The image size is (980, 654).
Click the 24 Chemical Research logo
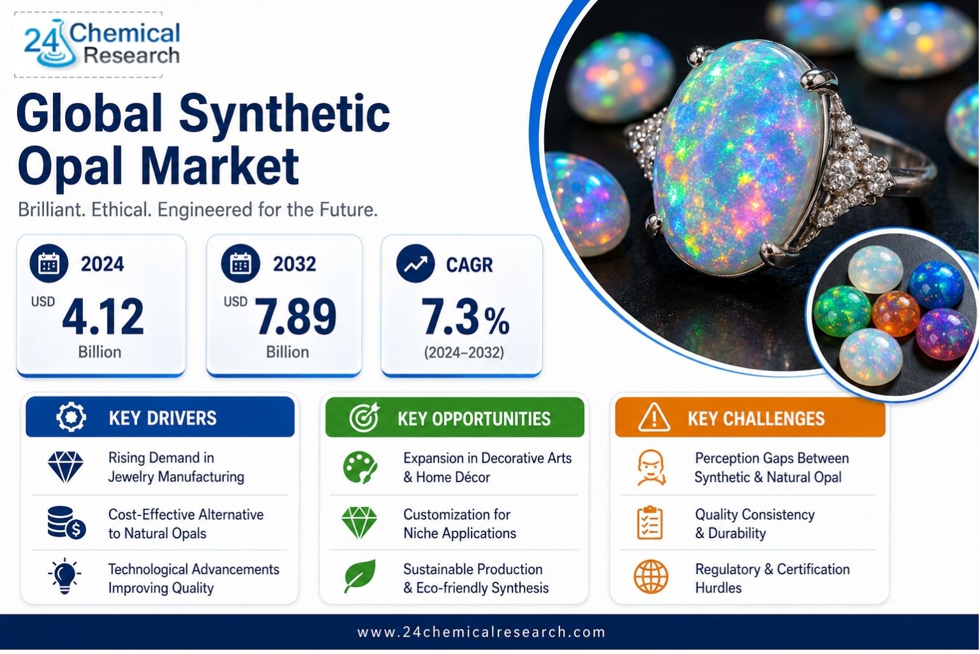tap(101, 45)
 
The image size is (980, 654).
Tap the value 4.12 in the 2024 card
tap(103, 316)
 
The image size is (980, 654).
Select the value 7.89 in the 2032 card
tap(296, 316)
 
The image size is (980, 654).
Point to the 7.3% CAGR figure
tap(465, 316)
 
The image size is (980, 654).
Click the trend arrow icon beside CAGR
tap(415, 263)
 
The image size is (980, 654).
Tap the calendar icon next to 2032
tap(241, 263)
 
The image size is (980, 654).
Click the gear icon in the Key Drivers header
tap(71, 417)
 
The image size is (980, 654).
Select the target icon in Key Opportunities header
tap(364, 418)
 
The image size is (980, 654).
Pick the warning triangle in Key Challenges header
tap(653, 418)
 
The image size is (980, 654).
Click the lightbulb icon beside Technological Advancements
tap(64, 576)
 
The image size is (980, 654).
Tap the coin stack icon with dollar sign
tap(66, 522)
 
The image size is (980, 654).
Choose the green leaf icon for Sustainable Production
tap(360, 575)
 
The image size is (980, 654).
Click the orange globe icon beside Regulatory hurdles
tap(651, 577)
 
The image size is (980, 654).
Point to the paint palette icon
tap(360, 468)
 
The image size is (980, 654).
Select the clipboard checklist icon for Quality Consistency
tap(650, 522)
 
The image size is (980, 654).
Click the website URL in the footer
tap(481, 632)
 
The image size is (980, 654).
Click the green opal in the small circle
tap(842, 310)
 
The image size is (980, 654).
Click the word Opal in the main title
tap(70, 167)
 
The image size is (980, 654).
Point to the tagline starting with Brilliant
tap(197, 209)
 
